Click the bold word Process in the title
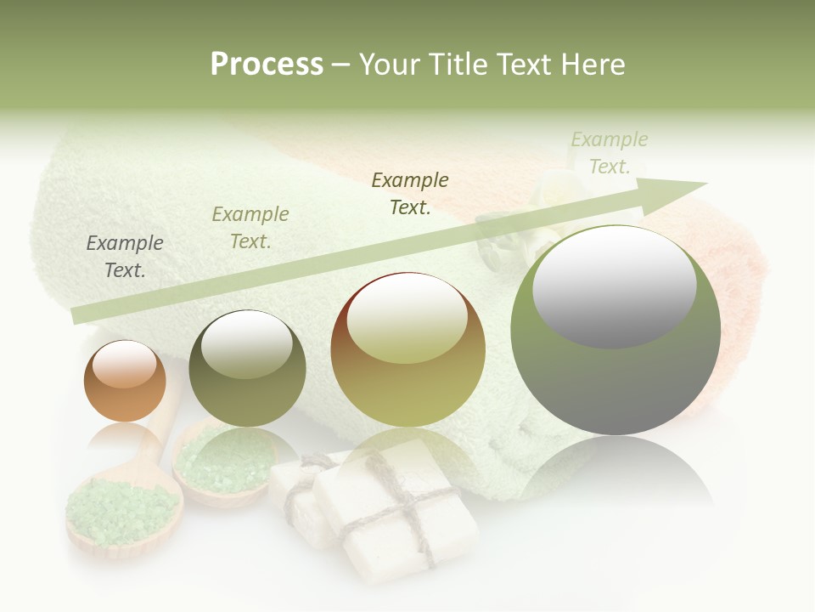click(x=267, y=64)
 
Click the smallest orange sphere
click(x=125, y=381)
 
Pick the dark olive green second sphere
click(x=247, y=368)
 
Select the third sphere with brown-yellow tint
click(x=407, y=349)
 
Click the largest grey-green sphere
click(x=615, y=330)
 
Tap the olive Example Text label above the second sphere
click(x=250, y=228)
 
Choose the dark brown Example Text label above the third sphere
click(x=410, y=194)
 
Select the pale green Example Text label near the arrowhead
click(x=610, y=153)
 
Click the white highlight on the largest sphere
click(x=614, y=285)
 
